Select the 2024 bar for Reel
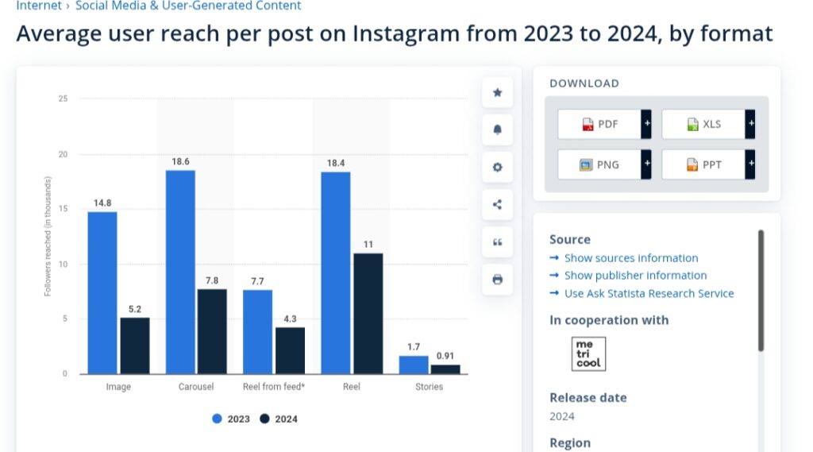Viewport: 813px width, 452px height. (368, 314)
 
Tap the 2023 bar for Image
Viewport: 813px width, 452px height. (102, 292)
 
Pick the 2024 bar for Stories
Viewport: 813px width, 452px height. (445, 369)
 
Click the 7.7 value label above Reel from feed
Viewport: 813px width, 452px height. (257, 282)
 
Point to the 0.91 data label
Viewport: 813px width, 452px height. (445, 356)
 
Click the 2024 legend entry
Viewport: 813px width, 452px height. (279, 419)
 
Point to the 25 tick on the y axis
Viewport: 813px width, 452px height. (63, 99)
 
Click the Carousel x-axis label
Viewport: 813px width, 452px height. (196, 387)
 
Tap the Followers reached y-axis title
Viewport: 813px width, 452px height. (48, 237)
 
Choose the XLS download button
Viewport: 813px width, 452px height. (703, 124)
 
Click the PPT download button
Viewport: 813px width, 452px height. (703, 164)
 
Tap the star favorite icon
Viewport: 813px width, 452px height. (498, 92)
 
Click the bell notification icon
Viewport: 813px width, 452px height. (498, 129)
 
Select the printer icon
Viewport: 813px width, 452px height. (498, 280)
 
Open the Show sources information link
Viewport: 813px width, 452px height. (630, 258)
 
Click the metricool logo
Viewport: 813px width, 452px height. (588, 353)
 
